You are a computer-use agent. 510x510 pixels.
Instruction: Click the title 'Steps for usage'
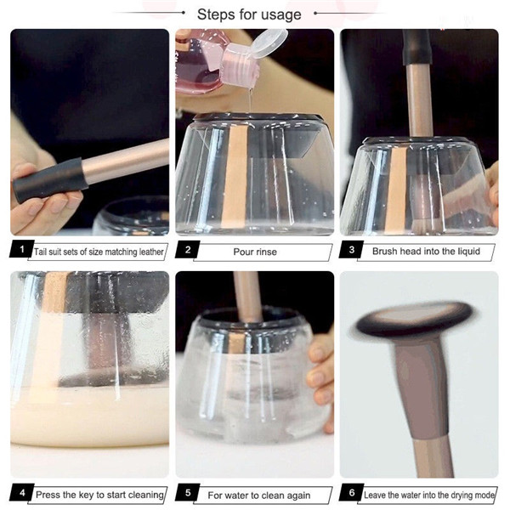click(249, 14)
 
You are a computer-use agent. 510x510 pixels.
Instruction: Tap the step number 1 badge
click(22, 249)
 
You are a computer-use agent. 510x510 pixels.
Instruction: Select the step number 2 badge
click(188, 249)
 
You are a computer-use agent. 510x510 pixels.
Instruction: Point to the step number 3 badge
click(352, 249)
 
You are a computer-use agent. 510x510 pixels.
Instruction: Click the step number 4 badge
click(22, 492)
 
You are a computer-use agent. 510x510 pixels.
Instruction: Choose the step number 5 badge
click(188, 492)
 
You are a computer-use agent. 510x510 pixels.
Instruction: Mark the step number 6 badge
click(352, 492)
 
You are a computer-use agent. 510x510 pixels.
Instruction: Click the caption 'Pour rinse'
click(255, 252)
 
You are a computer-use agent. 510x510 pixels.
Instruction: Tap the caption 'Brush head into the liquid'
click(426, 251)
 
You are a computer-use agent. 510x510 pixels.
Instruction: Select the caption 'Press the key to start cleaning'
click(99, 495)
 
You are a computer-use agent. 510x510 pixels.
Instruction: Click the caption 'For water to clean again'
click(259, 496)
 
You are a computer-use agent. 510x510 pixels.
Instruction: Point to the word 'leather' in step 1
click(151, 252)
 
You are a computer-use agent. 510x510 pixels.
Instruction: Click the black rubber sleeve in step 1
click(50, 180)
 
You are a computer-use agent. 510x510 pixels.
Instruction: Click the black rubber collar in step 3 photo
click(417, 47)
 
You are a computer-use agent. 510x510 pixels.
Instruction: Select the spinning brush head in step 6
click(414, 320)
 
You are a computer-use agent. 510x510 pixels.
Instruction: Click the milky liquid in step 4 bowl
click(90, 416)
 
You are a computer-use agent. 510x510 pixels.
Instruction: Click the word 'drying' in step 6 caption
click(459, 496)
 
